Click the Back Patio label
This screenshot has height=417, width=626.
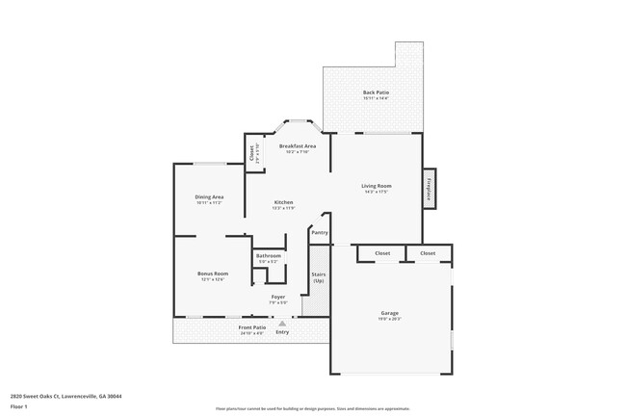tap(376, 92)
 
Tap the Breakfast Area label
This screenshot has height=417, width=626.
tap(298, 146)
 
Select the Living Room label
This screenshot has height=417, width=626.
tap(376, 185)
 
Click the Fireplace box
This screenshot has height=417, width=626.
tap(429, 187)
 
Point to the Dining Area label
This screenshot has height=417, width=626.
tap(209, 196)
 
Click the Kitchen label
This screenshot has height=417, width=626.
tap(283, 202)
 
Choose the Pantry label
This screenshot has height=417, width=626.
tap(320, 232)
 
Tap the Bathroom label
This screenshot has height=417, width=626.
tap(269, 255)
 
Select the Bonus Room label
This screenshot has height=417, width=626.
tap(213, 274)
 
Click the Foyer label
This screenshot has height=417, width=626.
tap(277, 297)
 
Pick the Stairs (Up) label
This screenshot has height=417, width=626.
tap(318, 276)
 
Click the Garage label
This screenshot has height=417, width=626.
tap(389, 313)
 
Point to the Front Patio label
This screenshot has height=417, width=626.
tap(252, 327)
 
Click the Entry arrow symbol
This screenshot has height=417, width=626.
tap(282, 324)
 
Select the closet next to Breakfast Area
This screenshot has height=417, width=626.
tap(253, 153)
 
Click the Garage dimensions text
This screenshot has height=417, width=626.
tap(389, 319)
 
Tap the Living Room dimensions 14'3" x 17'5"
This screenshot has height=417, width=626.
tap(376, 191)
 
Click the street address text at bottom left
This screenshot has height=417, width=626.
tap(65, 395)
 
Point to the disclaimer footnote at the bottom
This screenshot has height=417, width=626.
tap(312, 408)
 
